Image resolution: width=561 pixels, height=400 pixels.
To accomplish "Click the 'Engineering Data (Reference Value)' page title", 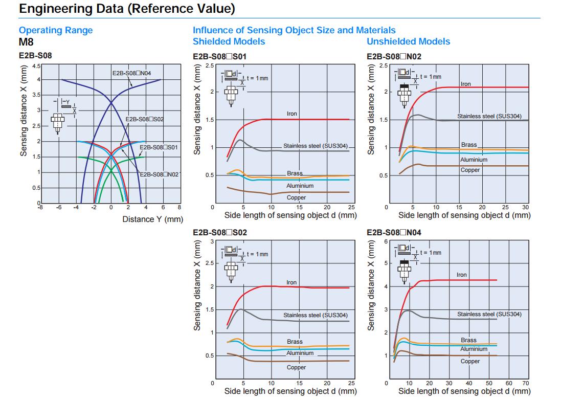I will pyautogui.click(x=127, y=9).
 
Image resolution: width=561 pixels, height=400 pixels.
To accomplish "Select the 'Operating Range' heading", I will pyautogui.click(x=56, y=30).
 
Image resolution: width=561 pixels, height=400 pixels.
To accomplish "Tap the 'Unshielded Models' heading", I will pyautogui.click(x=409, y=41).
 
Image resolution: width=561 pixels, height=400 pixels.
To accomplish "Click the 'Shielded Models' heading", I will pyautogui.click(x=229, y=41).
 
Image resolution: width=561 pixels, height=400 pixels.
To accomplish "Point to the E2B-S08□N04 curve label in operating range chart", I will pyautogui.click(x=131, y=73).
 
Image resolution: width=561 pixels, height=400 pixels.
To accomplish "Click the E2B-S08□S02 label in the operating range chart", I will pyautogui.click(x=145, y=119).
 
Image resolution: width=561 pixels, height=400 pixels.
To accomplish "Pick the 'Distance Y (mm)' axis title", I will pyautogui.click(x=152, y=219).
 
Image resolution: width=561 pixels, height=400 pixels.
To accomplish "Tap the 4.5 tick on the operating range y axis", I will pyautogui.click(x=36, y=66).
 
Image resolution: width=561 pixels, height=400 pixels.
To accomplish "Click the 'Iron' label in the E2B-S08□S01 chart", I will pyautogui.click(x=291, y=114).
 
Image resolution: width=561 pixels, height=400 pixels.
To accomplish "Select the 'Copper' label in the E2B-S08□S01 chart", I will pyautogui.click(x=296, y=197).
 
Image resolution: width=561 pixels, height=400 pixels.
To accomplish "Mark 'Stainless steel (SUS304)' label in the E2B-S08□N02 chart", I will pyautogui.click(x=489, y=117).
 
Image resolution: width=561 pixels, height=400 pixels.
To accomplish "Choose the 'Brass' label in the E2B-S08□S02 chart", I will pyautogui.click(x=295, y=342).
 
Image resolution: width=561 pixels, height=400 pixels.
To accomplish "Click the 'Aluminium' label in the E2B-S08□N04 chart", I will pyautogui.click(x=474, y=349).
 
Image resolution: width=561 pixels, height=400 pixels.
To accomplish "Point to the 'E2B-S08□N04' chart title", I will pyautogui.click(x=394, y=232).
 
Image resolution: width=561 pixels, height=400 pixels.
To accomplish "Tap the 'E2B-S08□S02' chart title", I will pyautogui.click(x=219, y=232).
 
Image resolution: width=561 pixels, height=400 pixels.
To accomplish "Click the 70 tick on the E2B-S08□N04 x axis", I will pyautogui.click(x=526, y=383).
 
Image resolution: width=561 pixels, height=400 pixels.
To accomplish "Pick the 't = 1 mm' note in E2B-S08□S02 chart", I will pyautogui.click(x=257, y=254).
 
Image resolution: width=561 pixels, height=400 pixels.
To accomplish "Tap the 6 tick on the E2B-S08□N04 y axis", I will pyautogui.click(x=387, y=241).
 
